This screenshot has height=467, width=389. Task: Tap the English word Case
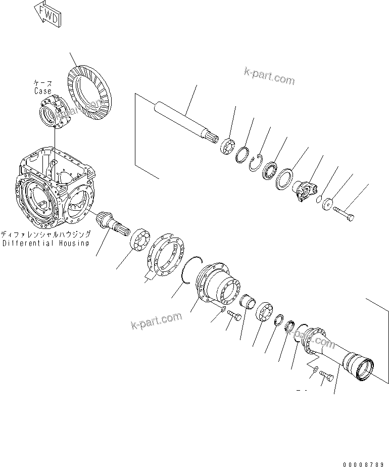click(x=43, y=91)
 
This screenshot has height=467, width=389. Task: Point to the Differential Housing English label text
click(x=45, y=243)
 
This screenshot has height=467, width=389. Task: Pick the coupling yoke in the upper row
click(x=305, y=192)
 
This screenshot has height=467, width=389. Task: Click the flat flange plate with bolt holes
click(x=165, y=255)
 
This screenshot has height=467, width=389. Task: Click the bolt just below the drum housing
click(x=234, y=315)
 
